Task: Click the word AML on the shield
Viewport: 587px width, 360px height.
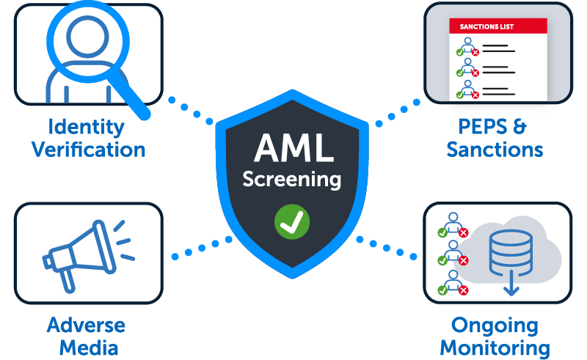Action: click(x=292, y=147)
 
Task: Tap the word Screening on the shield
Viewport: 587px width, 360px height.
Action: click(x=292, y=178)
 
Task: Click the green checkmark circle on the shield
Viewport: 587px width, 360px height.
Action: click(x=292, y=221)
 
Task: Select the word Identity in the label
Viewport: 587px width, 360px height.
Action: click(x=87, y=126)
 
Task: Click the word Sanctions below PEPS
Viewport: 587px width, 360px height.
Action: click(x=495, y=150)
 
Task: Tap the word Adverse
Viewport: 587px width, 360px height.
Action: click(x=87, y=325)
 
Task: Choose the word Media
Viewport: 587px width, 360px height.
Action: click(x=87, y=348)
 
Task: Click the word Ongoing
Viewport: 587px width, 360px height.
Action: click(x=495, y=325)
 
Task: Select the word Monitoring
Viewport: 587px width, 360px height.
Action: click(x=495, y=348)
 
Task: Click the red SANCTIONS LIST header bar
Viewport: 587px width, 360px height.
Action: click(x=498, y=27)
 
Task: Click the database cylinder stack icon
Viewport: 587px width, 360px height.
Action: click(x=511, y=254)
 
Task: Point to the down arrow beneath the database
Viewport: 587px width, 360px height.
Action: click(x=511, y=287)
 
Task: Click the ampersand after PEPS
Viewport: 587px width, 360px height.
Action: click(x=519, y=126)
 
